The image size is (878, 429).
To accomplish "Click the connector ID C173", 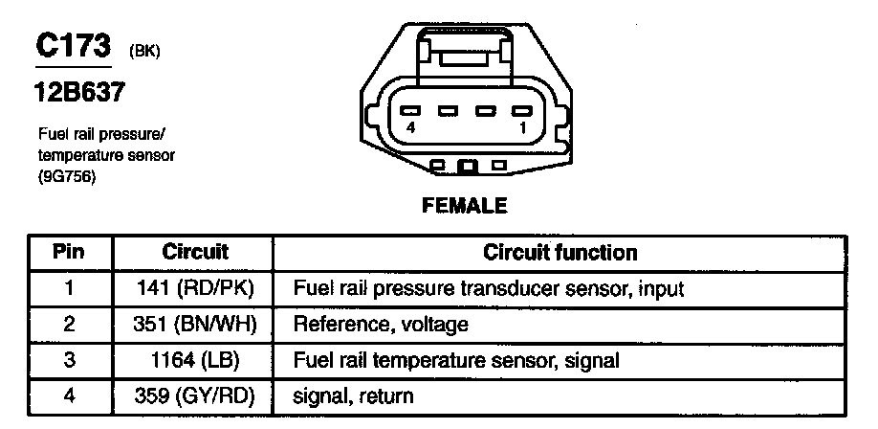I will [72, 48].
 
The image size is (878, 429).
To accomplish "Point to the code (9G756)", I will [69, 176].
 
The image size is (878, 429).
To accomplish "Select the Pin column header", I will [68, 252].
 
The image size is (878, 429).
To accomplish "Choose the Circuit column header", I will [195, 252].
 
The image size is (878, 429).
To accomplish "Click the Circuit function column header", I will [560, 252].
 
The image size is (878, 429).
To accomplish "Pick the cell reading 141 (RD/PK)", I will [195, 288].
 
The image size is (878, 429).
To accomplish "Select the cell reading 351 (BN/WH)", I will [195, 325].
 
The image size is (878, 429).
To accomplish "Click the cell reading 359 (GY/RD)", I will [195, 395].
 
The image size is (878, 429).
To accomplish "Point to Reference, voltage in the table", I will [381, 325].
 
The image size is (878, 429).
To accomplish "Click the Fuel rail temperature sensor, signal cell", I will [455, 360].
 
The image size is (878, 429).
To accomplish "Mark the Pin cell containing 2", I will [68, 325].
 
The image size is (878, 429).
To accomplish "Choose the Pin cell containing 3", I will [68, 360].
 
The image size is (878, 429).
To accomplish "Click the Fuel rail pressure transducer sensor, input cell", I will [489, 288].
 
